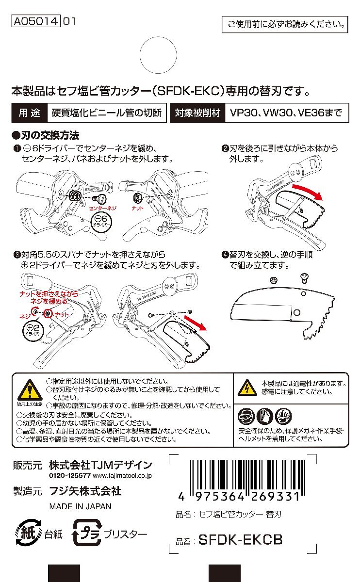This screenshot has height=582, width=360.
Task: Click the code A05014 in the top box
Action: [36, 21]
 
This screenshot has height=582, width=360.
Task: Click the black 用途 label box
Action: [30, 113]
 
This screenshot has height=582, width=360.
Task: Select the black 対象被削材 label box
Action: [197, 113]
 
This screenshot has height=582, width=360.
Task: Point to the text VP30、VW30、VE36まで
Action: [286, 113]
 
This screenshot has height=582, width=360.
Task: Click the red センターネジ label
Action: [102, 208]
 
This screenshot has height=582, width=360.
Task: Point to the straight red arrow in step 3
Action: [196, 323]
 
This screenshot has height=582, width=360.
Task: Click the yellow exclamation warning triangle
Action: [30, 390]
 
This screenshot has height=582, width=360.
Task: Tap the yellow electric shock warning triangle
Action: [247, 387]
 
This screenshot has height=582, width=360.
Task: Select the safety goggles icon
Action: [246, 416]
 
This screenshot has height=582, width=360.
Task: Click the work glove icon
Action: [265, 416]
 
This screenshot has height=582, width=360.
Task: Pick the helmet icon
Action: [283, 416]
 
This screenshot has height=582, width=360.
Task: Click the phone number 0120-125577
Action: [70, 476]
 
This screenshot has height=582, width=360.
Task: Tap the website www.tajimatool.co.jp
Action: [122, 476]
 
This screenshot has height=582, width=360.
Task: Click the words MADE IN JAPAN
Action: [81, 506]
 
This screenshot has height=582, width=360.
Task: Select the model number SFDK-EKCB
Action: [241, 540]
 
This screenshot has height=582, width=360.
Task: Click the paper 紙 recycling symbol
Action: [28, 533]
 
